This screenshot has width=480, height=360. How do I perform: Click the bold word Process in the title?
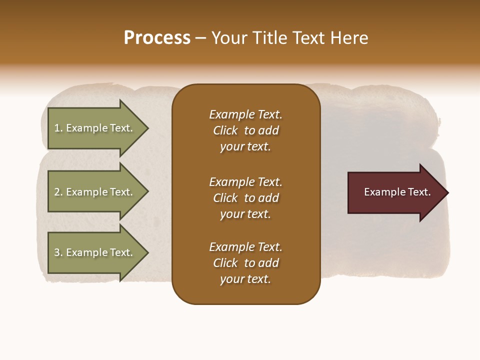157,38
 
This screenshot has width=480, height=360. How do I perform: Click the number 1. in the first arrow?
58,128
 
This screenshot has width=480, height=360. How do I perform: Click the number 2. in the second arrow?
58,192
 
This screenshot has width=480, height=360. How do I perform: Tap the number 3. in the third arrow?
58,252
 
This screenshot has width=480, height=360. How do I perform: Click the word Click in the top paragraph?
225,130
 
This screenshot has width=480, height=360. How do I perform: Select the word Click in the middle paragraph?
225,198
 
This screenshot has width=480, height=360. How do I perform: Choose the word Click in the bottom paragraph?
225,263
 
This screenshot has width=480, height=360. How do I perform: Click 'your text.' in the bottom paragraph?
245,279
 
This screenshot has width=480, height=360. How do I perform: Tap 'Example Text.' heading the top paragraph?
245,114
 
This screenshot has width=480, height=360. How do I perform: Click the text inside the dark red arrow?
397,192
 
